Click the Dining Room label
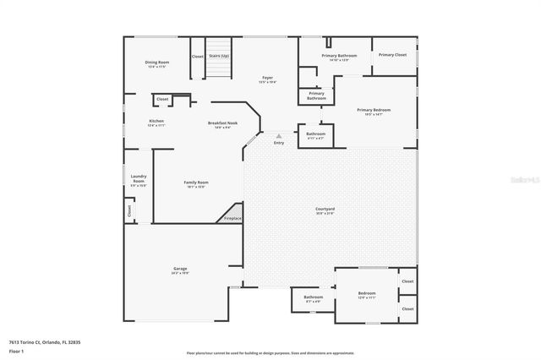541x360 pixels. [x=157, y=62]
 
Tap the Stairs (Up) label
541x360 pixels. [x=219, y=56]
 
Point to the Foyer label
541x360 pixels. [x=266, y=78]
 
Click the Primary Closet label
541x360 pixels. [x=392, y=55]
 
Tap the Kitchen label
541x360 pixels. [x=156, y=122]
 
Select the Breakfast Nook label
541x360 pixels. [x=222, y=123]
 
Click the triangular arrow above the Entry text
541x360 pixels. [x=279, y=134]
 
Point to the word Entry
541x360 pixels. [x=279, y=142]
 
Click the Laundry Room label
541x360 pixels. [x=139, y=179]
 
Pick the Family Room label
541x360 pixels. [x=197, y=183]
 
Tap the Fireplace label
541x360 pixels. [x=232, y=218]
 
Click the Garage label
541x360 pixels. [x=180, y=268]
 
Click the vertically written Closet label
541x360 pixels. [x=129, y=210]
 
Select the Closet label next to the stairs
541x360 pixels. [x=197, y=57]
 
